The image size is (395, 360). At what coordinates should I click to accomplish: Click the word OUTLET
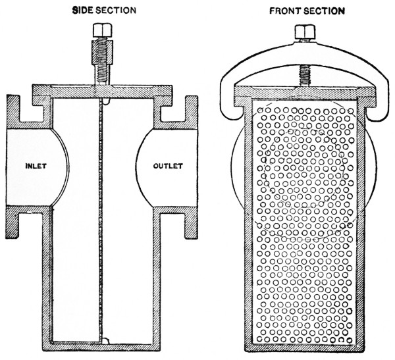coord(167,166)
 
